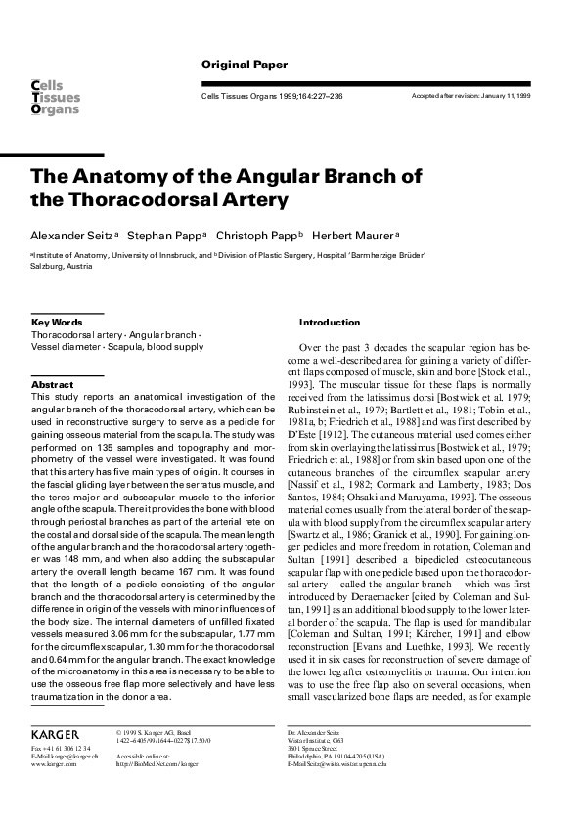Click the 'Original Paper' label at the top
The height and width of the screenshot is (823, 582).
pos(245,65)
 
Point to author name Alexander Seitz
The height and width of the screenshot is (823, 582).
pos(72,237)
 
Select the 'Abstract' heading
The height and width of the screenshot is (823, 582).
pos(52,385)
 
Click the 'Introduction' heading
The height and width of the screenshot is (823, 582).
pos(331,322)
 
